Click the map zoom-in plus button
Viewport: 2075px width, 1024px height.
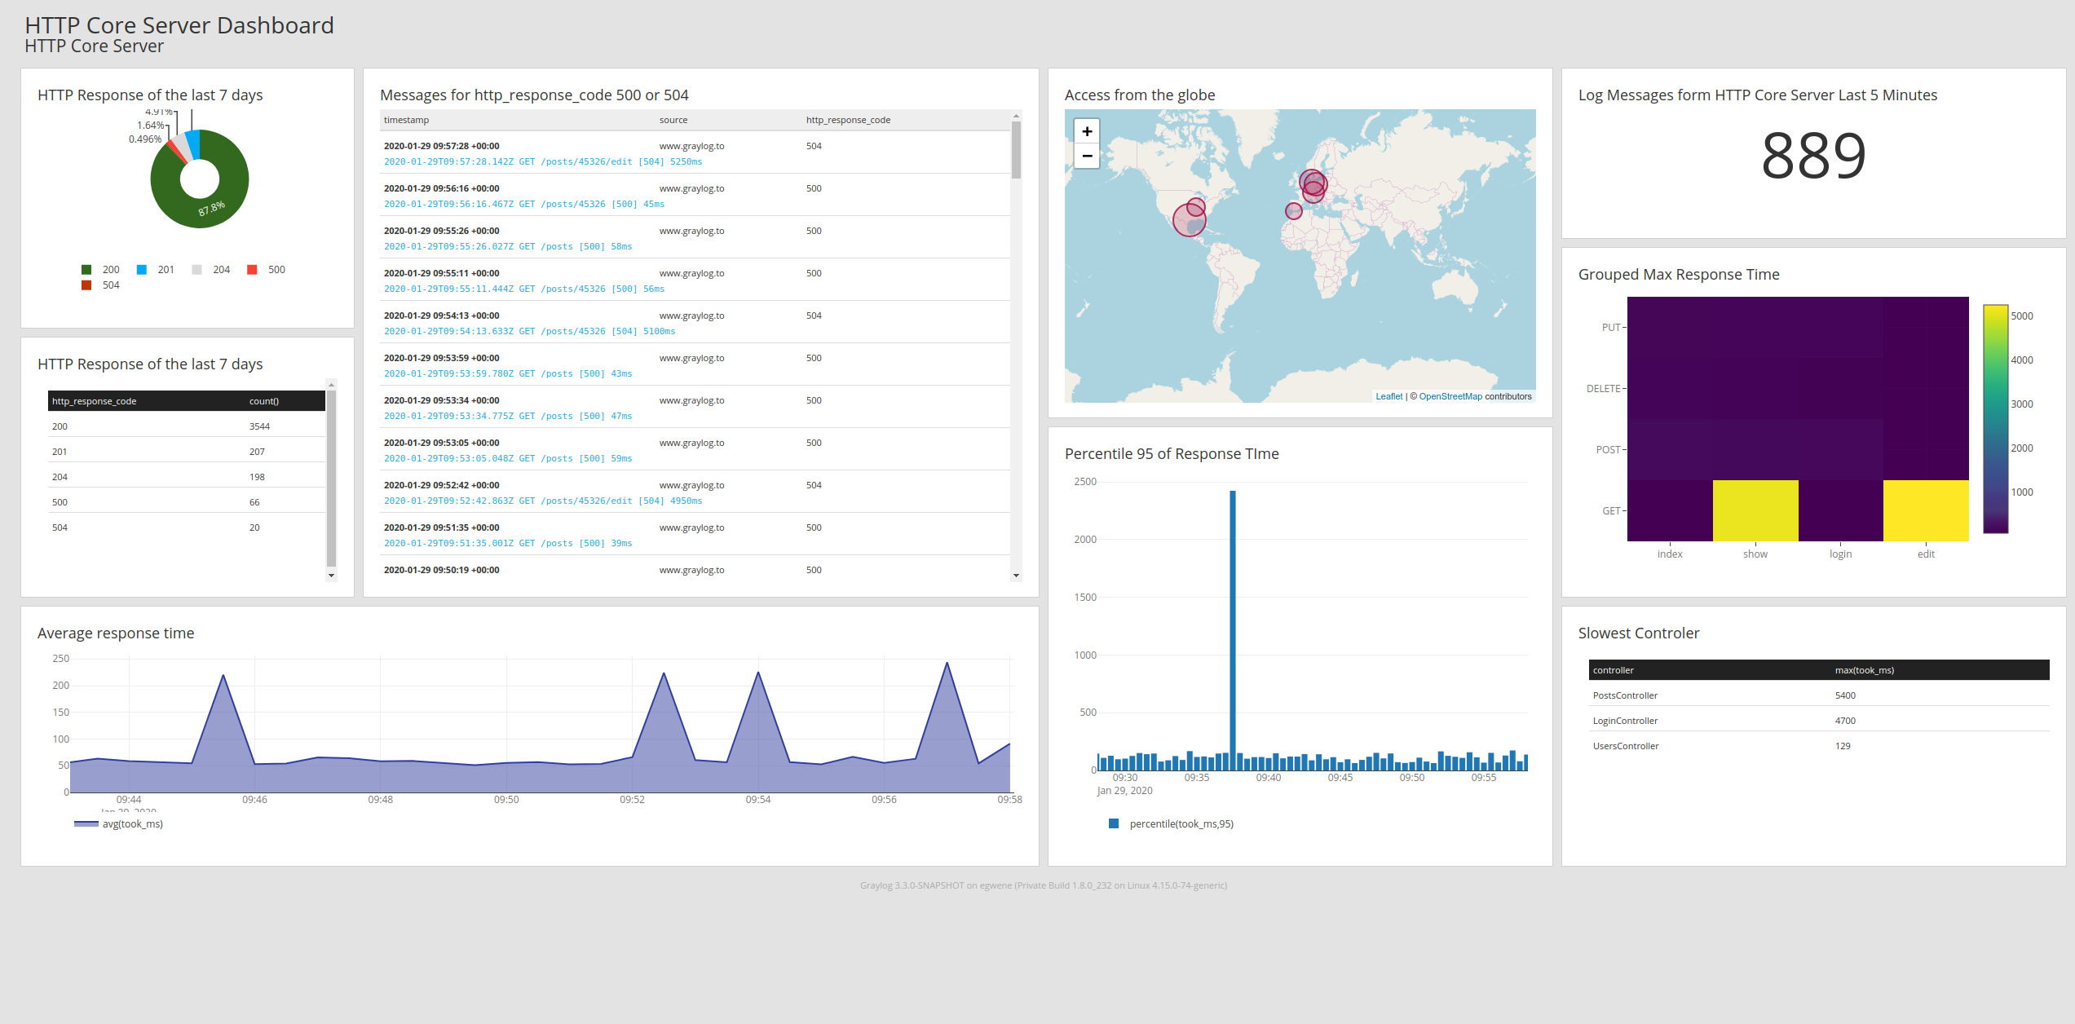point(1086,131)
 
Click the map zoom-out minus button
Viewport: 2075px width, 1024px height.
point(1086,156)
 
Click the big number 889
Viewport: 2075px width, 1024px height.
point(1813,156)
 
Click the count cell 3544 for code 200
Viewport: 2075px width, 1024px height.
point(259,426)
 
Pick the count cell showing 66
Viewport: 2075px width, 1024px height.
point(254,502)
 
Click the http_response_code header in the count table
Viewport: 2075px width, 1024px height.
point(94,401)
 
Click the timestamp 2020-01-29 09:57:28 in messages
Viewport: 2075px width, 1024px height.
point(441,146)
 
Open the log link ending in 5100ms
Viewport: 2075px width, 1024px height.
point(529,331)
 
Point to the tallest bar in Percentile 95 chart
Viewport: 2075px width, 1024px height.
point(1232,628)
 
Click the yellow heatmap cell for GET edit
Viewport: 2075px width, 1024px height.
point(1925,510)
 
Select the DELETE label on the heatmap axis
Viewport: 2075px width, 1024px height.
point(1603,389)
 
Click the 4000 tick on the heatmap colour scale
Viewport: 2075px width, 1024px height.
point(2021,360)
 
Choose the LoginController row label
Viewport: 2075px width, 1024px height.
point(1625,721)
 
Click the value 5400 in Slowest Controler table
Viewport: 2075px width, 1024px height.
point(1845,695)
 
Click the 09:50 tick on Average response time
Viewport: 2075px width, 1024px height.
point(506,800)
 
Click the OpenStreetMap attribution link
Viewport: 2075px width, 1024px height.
point(1450,397)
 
